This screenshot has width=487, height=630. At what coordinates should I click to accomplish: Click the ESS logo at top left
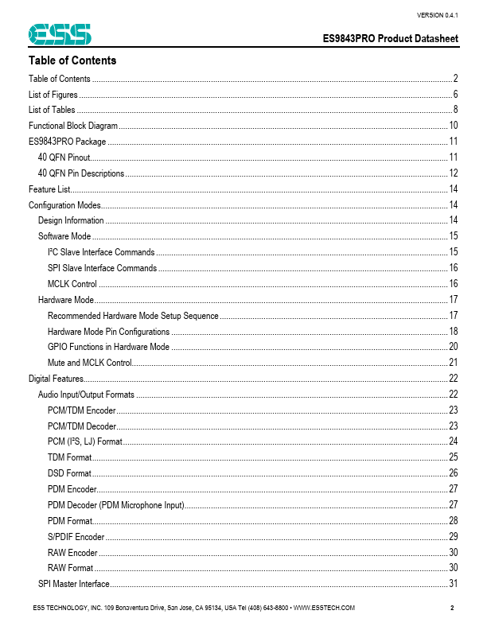coord(60,34)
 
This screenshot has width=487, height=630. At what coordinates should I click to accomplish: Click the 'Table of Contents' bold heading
coord(72,60)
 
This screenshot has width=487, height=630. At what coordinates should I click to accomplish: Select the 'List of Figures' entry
coord(53,95)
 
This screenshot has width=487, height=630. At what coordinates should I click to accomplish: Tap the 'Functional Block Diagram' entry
coord(73,126)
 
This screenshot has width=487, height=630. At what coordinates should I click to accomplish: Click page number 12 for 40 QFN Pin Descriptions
coord(453,173)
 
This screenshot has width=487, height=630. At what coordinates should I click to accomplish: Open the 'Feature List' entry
coord(49,189)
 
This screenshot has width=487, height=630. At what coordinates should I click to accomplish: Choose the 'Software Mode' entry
coord(64,236)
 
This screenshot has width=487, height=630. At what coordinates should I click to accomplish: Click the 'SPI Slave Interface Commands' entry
coord(102,268)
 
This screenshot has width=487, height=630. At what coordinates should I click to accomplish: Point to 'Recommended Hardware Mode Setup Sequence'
coord(133,316)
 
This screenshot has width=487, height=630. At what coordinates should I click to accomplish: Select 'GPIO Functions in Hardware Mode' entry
coord(108,347)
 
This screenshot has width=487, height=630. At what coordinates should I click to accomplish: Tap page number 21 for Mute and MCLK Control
coord(453,363)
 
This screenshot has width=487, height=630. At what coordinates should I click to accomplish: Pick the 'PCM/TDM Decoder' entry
coord(82,426)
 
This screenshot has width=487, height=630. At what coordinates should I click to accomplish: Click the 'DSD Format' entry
coord(69,473)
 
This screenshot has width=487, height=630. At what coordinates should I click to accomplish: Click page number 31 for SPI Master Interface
coord(453,584)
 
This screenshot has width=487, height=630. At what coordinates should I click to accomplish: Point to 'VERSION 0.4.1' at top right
coord(437,15)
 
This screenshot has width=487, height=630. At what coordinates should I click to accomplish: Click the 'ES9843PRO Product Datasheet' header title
coord(390,39)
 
